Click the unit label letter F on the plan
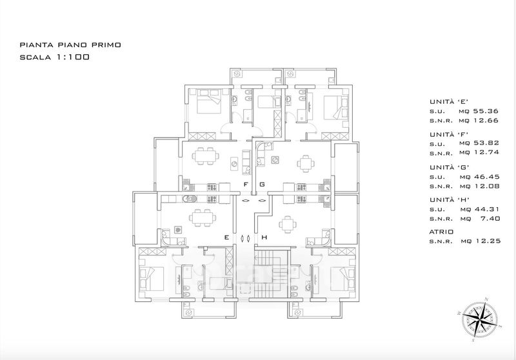[x=246, y=185]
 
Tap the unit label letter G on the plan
[x=263, y=185]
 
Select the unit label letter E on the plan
[x=226, y=237]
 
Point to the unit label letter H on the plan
[x=264, y=237]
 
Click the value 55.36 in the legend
[x=486, y=111]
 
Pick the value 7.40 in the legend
[x=490, y=218]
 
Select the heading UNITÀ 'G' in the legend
[x=449, y=167]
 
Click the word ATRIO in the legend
[x=441, y=232]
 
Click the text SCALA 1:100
[x=55, y=57]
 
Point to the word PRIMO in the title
[x=108, y=45]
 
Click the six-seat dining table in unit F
[x=206, y=155]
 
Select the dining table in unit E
[x=203, y=218]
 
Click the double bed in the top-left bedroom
[x=208, y=101]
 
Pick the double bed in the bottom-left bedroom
[x=152, y=279]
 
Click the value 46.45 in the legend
[x=486, y=177]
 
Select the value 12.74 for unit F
[x=486, y=152]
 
